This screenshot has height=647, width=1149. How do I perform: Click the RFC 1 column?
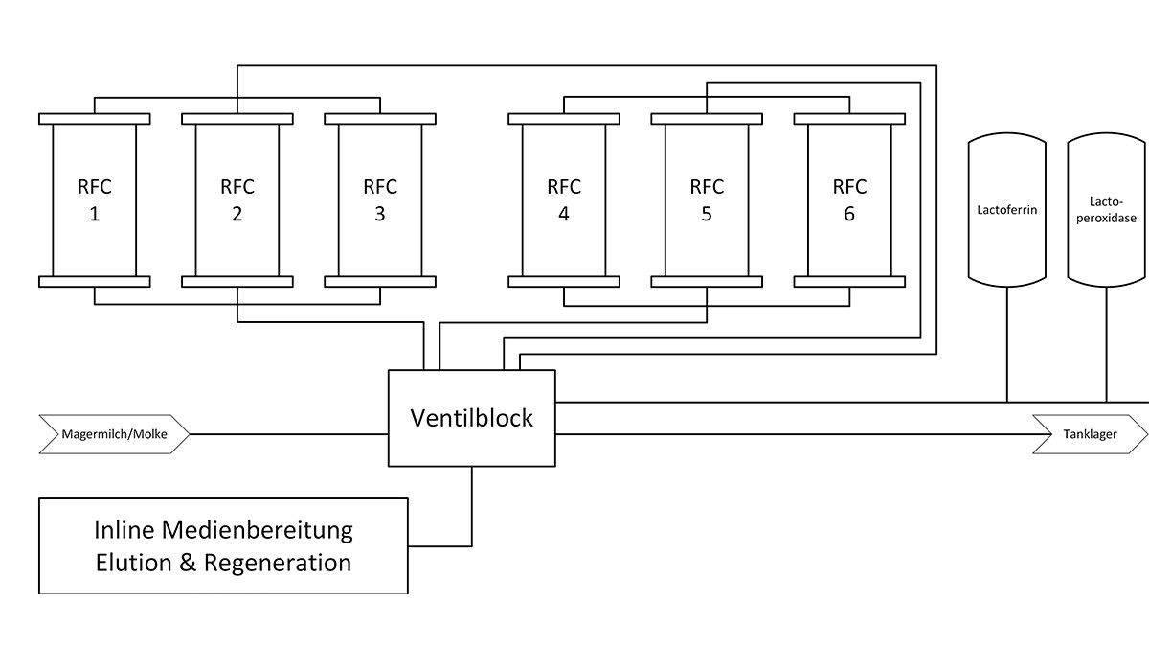(x=94, y=199)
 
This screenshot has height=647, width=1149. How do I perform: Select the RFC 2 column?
(x=237, y=199)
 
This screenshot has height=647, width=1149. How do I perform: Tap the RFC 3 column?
(x=380, y=199)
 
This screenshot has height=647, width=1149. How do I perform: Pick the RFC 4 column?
(x=563, y=199)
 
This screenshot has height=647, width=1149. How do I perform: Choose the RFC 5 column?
(x=707, y=199)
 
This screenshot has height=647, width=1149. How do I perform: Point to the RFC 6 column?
(x=849, y=199)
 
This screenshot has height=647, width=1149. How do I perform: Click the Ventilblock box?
(x=471, y=418)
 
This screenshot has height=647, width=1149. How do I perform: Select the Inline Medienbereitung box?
(x=223, y=545)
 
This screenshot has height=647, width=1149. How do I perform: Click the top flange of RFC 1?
(x=94, y=119)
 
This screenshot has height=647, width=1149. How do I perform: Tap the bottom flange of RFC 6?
(x=849, y=281)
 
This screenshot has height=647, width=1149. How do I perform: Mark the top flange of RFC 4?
(x=563, y=119)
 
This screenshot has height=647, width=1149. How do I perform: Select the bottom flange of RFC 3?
(x=380, y=281)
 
